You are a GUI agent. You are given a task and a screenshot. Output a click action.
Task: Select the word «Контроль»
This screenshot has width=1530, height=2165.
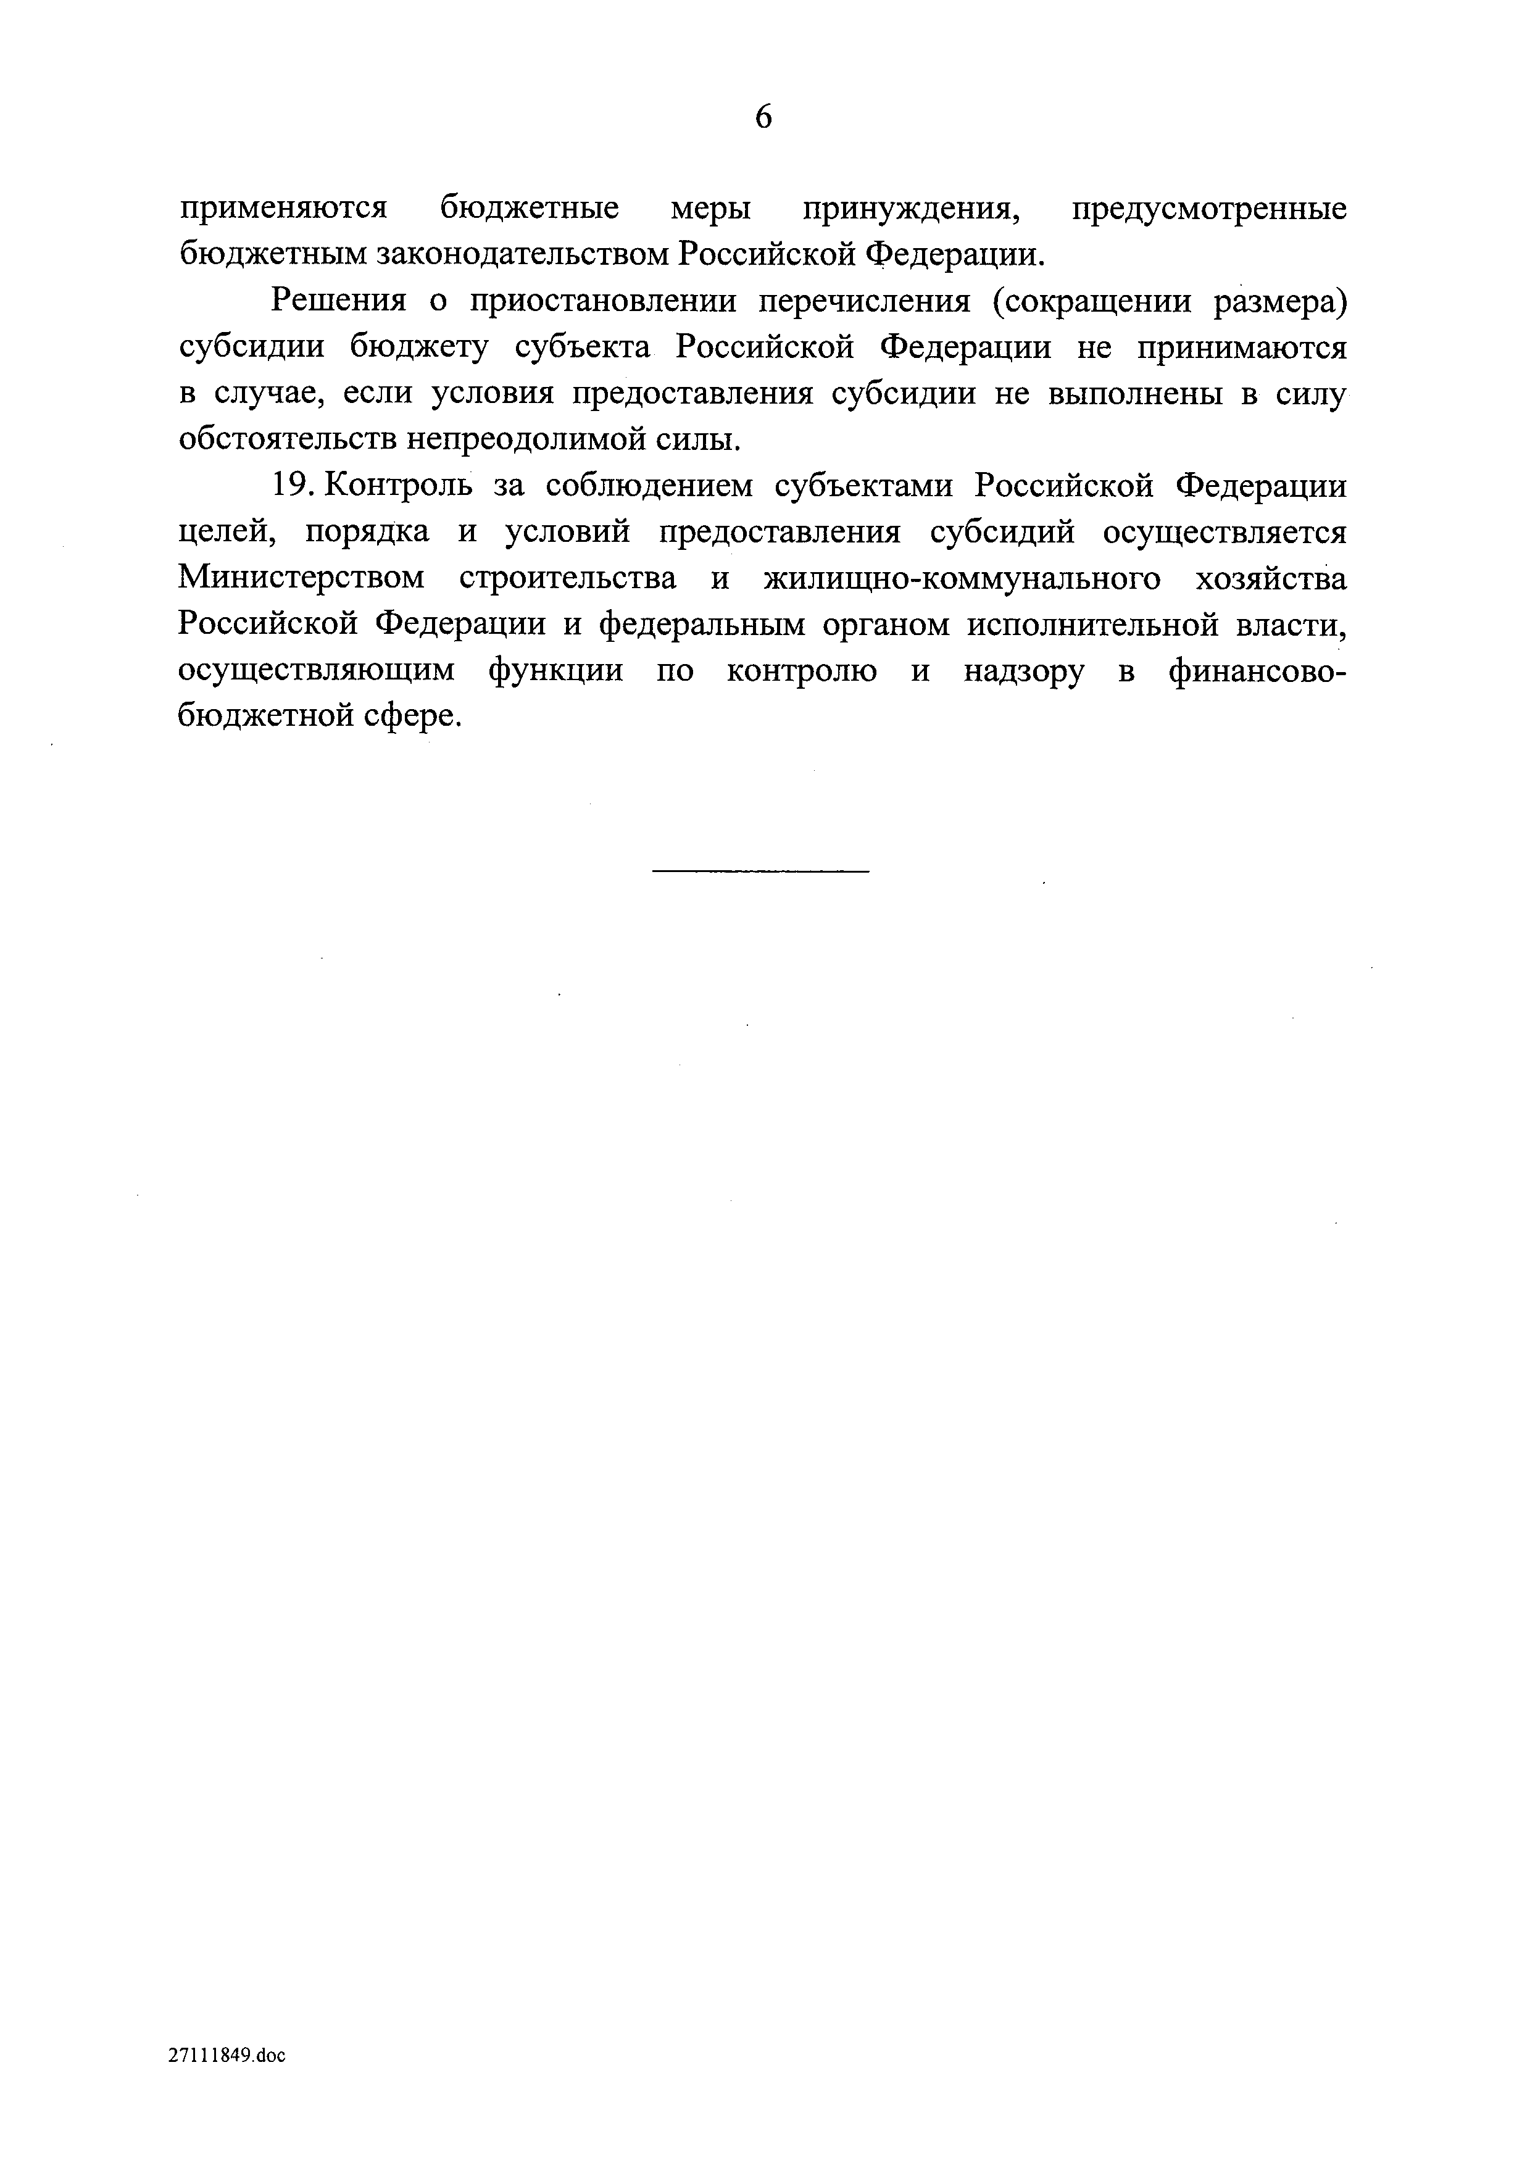click(396, 486)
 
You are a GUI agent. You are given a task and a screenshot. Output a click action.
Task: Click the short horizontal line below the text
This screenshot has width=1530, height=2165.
click(760, 870)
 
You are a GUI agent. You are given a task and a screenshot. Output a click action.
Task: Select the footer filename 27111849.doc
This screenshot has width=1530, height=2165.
click(227, 2056)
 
